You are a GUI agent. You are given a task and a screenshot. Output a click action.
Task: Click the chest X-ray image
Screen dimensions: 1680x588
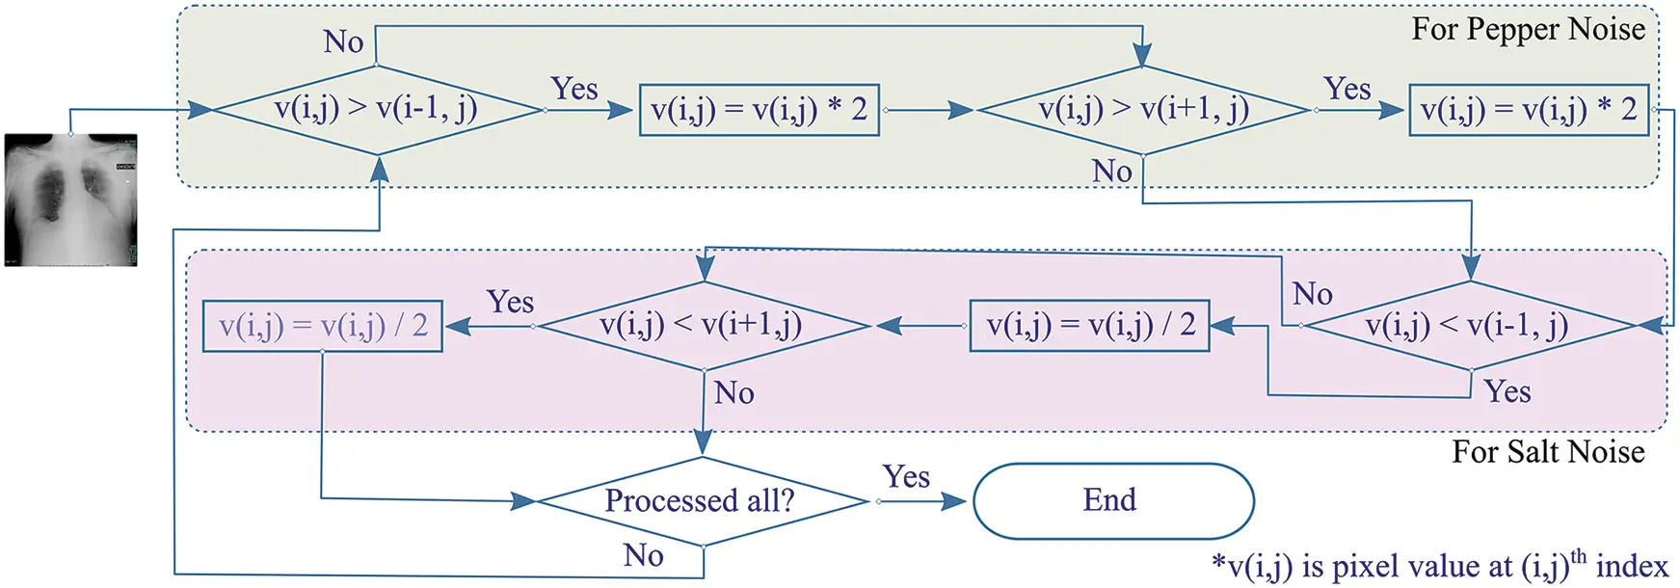pos(71,200)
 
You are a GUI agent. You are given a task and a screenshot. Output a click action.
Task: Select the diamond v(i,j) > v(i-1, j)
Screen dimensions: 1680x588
pos(377,110)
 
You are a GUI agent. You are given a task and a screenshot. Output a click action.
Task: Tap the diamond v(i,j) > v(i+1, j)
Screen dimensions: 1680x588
pos(1143,110)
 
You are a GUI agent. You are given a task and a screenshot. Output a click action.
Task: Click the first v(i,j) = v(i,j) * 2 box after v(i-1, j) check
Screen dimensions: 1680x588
pos(760,110)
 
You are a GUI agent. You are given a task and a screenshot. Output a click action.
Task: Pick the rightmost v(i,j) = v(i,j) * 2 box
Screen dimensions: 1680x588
pos(1529,110)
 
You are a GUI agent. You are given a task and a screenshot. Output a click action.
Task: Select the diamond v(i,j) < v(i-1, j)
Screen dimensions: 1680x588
pos(1470,326)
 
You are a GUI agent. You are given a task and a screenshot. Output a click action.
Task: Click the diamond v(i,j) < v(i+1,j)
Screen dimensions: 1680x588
pos(705,326)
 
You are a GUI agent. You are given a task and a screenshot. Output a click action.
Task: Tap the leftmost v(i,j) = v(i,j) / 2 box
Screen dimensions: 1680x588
pos(323,326)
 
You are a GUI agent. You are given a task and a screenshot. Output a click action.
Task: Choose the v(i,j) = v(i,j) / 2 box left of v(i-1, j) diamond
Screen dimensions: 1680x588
pos(1089,326)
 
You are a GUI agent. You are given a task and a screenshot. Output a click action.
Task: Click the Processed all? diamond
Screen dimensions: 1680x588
pos(703,501)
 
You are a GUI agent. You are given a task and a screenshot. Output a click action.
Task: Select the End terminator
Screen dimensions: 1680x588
pos(1113,501)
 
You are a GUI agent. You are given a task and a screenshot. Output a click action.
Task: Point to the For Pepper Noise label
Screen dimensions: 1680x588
pos(1529,29)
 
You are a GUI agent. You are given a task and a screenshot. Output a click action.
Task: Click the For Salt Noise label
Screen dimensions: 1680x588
pos(1548,451)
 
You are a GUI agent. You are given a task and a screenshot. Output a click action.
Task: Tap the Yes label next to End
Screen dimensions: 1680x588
pos(906,476)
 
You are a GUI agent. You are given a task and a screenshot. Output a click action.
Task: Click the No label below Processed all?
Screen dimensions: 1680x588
pos(643,555)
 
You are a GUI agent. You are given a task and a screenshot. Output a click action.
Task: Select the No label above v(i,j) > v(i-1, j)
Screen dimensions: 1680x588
pos(343,41)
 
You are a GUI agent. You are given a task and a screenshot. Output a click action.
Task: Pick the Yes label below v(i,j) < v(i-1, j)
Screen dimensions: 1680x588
pos(1507,391)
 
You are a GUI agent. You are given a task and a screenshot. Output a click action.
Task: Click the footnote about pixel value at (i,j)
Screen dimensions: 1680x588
pos(1440,566)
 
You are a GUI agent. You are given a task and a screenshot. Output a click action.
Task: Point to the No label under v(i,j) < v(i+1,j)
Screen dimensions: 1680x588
pos(733,392)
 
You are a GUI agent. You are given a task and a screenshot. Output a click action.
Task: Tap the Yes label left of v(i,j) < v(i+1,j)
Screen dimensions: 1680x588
pos(510,302)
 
